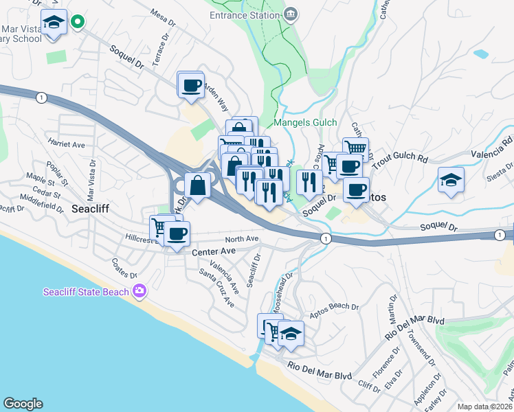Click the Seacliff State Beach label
click(x=86, y=292)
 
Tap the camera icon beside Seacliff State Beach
click(x=139, y=292)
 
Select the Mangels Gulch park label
click(x=306, y=123)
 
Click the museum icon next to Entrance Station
click(x=291, y=14)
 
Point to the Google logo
click(x=23, y=404)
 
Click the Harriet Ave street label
click(x=66, y=145)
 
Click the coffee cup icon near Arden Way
click(x=190, y=86)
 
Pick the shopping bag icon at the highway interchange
click(x=197, y=185)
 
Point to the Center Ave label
click(x=214, y=252)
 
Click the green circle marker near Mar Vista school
click(x=78, y=22)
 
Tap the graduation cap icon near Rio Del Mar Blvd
click(x=291, y=334)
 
